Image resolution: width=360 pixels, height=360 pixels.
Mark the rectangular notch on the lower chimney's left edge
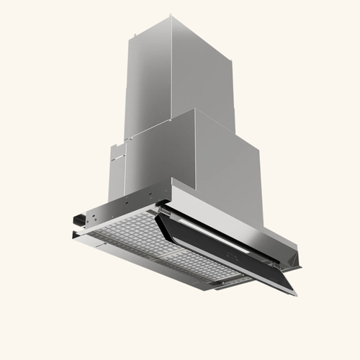pos(115,153)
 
